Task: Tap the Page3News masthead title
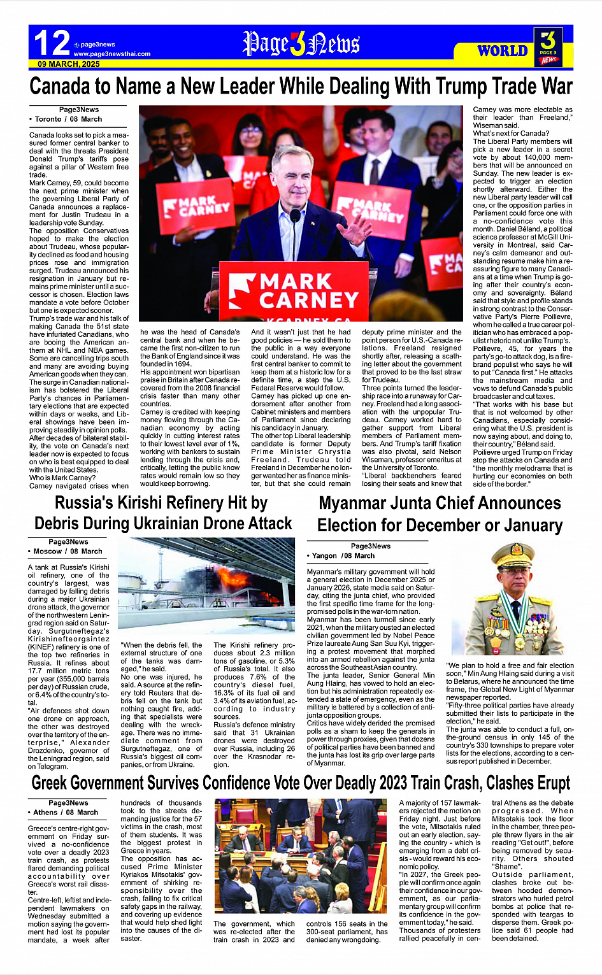point(301,43)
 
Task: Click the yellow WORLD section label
point(503,51)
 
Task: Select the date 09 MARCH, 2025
point(69,64)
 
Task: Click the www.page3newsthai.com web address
point(112,54)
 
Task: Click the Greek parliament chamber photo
point(300,857)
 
